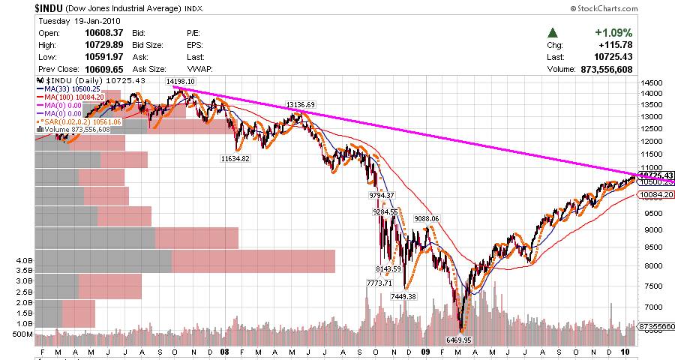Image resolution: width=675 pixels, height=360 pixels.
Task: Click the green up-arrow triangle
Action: [x=553, y=33]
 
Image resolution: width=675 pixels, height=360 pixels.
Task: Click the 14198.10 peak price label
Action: [x=181, y=81]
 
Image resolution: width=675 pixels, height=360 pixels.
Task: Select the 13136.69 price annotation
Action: [x=300, y=104]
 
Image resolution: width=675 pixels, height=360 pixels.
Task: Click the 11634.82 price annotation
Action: [x=235, y=158]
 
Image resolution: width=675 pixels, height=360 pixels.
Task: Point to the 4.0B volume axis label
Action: [x=23, y=260]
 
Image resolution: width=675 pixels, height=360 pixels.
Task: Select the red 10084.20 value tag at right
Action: [x=655, y=195]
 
